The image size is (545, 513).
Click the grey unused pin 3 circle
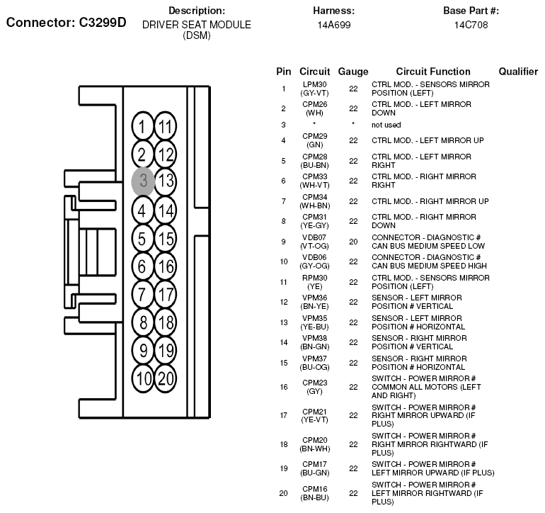click(x=142, y=181)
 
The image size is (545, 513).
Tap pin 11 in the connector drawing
click(x=166, y=126)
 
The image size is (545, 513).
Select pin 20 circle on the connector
click(x=166, y=378)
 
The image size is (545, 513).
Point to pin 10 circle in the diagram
click(x=142, y=378)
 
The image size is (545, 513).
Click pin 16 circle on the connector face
click(x=166, y=266)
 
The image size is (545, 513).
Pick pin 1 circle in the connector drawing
click(x=142, y=126)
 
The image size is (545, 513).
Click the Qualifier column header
click(x=518, y=72)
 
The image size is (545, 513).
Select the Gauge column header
click(x=353, y=72)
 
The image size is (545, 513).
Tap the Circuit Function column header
click(x=433, y=72)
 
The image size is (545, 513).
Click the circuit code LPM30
click(x=314, y=84)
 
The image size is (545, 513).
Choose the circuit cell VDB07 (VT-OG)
click(x=314, y=242)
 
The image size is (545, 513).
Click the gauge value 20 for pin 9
click(x=353, y=242)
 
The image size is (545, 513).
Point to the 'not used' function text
click(x=386, y=125)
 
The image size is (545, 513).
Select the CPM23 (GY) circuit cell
click(x=314, y=387)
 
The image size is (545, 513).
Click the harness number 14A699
click(x=333, y=25)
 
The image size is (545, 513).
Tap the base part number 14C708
click(x=471, y=25)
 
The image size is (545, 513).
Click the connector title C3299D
click(x=103, y=23)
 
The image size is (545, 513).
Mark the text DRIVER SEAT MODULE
click(x=196, y=25)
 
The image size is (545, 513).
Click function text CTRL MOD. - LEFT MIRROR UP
click(x=428, y=140)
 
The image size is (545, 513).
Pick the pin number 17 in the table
click(x=284, y=415)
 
